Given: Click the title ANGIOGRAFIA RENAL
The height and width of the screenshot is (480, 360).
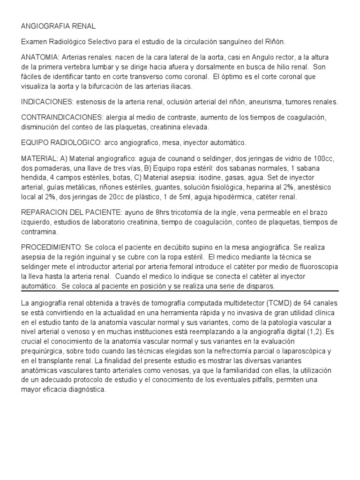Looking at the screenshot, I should pos(58,27).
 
